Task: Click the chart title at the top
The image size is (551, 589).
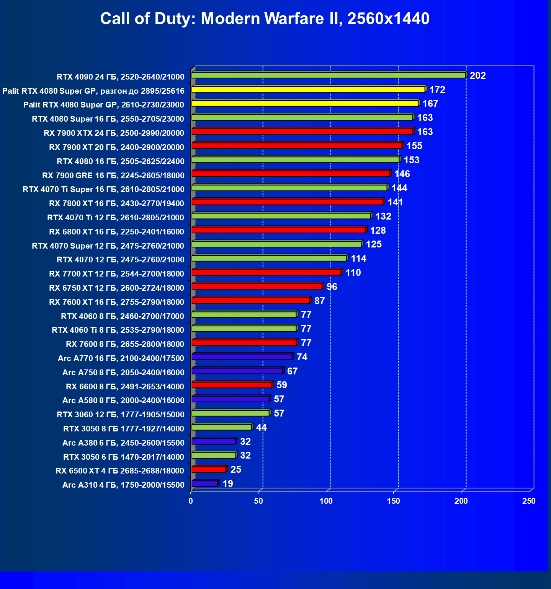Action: pyautogui.click(x=265, y=18)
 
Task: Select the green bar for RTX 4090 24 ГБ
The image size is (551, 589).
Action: pyautogui.click(x=329, y=75)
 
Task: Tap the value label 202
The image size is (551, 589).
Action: pyautogui.click(x=477, y=76)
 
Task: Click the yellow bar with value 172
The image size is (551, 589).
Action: pyautogui.click(x=308, y=89)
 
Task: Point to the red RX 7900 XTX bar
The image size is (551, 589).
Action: pyautogui.click(x=302, y=132)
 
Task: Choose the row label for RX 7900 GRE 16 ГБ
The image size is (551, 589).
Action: pyautogui.click(x=113, y=176)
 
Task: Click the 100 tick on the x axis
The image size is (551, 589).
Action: pyautogui.click(x=326, y=501)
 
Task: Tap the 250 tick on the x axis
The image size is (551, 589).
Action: pyautogui.click(x=529, y=501)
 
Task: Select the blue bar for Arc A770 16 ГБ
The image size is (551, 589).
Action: pyautogui.click(x=242, y=357)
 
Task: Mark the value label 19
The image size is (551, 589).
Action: pyautogui.click(x=228, y=484)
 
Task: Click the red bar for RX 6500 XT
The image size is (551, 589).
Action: pyautogui.click(x=209, y=469)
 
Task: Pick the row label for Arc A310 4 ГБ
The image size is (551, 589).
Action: pyautogui.click(x=123, y=485)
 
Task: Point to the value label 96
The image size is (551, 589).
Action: pyautogui.click(x=332, y=287)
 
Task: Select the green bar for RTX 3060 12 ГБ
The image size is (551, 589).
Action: pyautogui.click(x=231, y=413)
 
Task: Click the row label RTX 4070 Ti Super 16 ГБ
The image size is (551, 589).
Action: pyautogui.click(x=103, y=189)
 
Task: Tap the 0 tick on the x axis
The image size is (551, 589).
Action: pyautogui.click(x=191, y=501)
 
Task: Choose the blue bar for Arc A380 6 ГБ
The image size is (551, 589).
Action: pyautogui.click(x=213, y=441)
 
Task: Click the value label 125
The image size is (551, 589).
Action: pyautogui.click(x=374, y=244)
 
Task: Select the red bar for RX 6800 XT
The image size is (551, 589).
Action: pyautogui.click(x=279, y=230)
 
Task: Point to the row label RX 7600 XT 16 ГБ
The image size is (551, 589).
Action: pyautogui.click(x=116, y=302)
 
